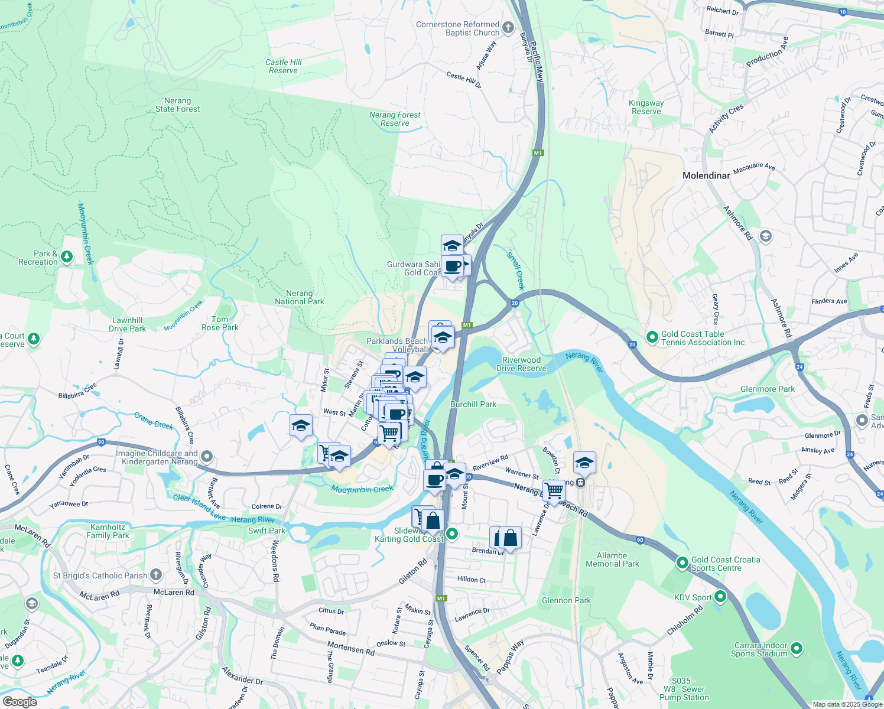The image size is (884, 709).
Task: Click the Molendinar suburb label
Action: point(706,175)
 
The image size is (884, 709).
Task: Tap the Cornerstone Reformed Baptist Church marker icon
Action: point(508,27)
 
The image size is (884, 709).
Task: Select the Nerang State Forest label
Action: point(177,105)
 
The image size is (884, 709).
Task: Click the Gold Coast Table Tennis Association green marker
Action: point(652,337)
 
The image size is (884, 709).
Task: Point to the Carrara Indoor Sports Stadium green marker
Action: point(797,649)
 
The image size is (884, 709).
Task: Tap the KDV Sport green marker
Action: point(720,597)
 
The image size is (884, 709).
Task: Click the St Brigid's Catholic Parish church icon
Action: point(155,574)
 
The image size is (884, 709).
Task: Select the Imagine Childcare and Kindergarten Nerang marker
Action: point(207,457)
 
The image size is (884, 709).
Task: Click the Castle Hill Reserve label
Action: point(284,66)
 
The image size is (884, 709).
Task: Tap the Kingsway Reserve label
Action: point(646,107)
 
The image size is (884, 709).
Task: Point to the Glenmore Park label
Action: point(768,389)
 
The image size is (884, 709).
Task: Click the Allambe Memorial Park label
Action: point(612,560)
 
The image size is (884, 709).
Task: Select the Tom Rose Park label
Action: point(220,323)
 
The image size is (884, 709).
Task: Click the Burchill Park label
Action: point(473,404)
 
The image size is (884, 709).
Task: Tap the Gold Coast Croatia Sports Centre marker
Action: point(683,563)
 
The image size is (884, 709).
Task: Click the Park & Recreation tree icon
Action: point(67,256)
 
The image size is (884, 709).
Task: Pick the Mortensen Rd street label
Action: point(351,648)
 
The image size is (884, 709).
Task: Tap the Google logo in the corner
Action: point(19,702)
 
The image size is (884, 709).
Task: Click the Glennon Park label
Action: point(566,600)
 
